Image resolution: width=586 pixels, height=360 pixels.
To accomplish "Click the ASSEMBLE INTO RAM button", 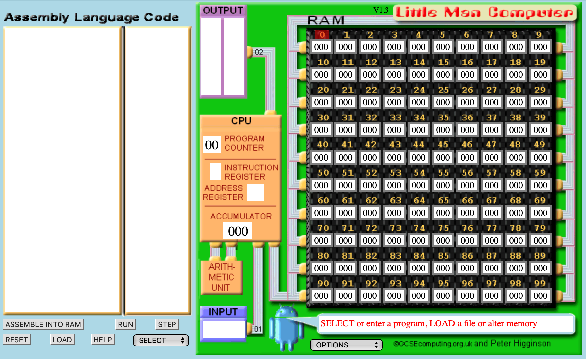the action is [x=43, y=324].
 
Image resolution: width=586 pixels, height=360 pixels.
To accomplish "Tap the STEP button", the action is [x=167, y=324].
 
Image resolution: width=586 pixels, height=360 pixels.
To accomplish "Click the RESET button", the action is [x=16, y=340].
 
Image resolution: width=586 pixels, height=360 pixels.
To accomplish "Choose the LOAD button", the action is [x=62, y=340].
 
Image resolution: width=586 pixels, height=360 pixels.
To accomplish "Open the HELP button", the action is [x=103, y=340].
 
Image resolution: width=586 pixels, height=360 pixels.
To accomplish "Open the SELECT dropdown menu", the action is [x=161, y=340].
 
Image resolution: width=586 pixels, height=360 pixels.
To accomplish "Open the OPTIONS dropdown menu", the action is [x=346, y=345].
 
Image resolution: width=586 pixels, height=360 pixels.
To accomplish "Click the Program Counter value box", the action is [x=212, y=144].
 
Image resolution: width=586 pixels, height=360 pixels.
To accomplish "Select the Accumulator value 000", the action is [x=238, y=231].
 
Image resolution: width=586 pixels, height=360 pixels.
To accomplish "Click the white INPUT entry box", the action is [x=224, y=329].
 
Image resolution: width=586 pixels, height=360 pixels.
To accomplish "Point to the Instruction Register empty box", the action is [x=215, y=172].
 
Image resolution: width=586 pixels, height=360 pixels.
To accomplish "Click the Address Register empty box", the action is [x=255, y=193].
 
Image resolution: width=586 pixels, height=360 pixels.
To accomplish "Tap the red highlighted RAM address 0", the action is [x=322, y=35].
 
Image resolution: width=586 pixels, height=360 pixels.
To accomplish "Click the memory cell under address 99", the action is [x=540, y=296].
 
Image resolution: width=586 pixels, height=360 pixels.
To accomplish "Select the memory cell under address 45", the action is [x=443, y=158].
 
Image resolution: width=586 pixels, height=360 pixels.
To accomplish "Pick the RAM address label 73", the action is [x=395, y=228].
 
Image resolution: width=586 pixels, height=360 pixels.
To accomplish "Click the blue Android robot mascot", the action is [x=287, y=328].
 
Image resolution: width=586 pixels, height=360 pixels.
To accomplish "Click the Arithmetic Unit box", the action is [x=222, y=277].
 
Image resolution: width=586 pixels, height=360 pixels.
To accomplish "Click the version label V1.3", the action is [x=381, y=10].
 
